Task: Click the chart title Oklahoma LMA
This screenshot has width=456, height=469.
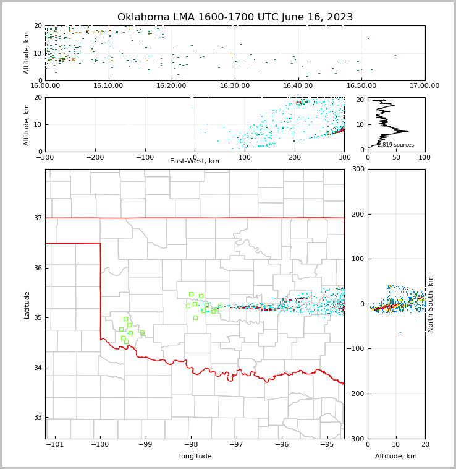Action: [235, 17]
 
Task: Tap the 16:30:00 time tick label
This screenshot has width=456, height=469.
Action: [235, 86]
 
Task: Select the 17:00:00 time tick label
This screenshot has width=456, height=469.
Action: [424, 86]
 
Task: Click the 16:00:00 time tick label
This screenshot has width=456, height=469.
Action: [45, 86]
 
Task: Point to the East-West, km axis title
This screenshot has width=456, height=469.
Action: [195, 161]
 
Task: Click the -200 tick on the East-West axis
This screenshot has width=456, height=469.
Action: [95, 157]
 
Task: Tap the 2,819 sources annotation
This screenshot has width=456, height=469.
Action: [395, 145]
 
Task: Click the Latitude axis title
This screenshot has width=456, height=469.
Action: [27, 304]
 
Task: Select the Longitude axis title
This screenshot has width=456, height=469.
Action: [195, 457]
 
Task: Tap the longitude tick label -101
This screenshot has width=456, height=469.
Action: [55, 445]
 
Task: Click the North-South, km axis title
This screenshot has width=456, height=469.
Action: [431, 304]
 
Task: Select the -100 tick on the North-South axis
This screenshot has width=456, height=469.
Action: [355, 349]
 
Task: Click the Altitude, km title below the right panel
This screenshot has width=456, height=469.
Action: [396, 457]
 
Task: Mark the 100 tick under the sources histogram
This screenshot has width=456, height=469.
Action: [424, 157]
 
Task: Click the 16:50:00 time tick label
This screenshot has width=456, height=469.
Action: [361, 86]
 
